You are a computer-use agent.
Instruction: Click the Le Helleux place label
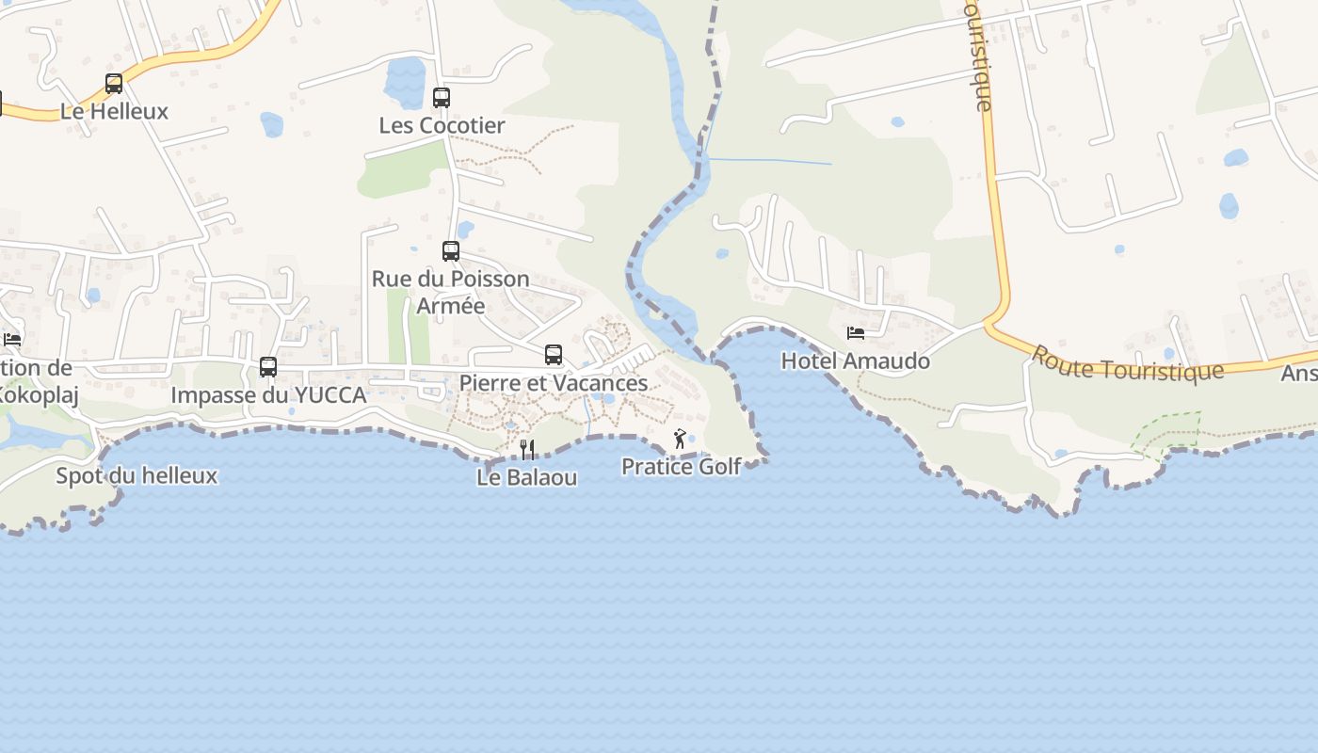[x=114, y=111]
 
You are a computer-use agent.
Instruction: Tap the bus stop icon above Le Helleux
[x=114, y=84]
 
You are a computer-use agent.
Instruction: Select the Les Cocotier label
[x=442, y=125]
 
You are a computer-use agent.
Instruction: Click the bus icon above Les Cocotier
[x=442, y=97]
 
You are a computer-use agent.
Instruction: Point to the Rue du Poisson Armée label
[x=451, y=292]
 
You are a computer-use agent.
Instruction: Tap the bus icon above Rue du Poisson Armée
[x=451, y=251]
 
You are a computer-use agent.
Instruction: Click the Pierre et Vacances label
[x=554, y=383]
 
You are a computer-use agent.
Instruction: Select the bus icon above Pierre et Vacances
[x=554, y=355]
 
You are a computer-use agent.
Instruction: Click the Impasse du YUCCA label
[x=268, y=395]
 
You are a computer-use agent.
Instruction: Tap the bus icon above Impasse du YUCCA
[x=268, y=367]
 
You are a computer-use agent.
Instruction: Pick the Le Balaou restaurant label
[x=527, y=477]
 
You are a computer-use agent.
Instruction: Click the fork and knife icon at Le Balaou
[x=527, y=450]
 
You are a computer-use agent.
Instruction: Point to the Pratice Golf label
[x=682, y=466]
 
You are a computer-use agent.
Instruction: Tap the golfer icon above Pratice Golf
[x=680, y=439]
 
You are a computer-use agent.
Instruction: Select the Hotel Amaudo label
[x=856, y=360]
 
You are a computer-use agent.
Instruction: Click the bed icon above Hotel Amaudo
[x=856, y=333]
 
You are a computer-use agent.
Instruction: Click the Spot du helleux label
[x=137, y=475]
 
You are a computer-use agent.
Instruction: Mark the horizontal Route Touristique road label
[x=1127, y=363]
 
